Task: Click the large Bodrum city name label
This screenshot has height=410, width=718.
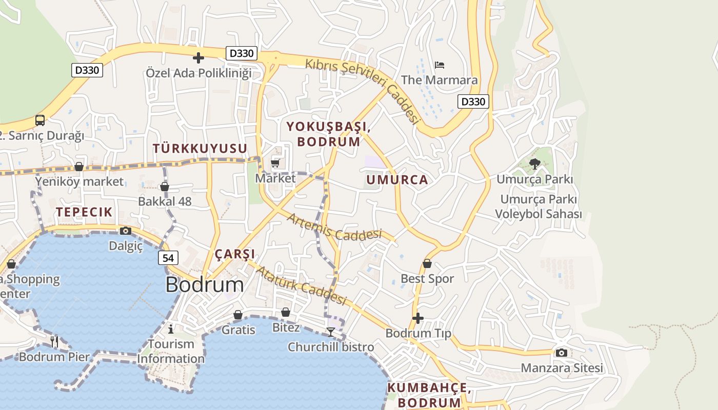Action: (x=205, y=285)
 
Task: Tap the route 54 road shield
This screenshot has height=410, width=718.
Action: (x=168, y=258)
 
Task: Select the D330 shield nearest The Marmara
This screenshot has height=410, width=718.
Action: (x=473, y=101)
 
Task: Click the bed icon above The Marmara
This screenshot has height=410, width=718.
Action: (x=440, y=65)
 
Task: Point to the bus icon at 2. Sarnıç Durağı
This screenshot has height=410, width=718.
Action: (x=40, y=120)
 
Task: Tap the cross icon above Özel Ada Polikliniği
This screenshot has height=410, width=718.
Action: (x=198, y=58)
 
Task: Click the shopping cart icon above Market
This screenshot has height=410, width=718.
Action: (x=275, y=163)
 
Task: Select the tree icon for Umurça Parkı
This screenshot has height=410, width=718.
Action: (x=535, y=164)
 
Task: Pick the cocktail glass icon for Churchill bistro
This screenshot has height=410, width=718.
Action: (x=331, y=332)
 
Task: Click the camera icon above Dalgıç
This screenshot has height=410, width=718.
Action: (x=126, y=231)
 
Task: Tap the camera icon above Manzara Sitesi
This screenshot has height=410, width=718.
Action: (x=562, y=353)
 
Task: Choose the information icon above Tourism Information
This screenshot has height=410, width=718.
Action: (x=171, y=329)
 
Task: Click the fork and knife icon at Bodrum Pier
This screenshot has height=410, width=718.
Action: (x=54, y=341)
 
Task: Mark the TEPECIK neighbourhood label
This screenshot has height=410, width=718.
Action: (x=84, y=212)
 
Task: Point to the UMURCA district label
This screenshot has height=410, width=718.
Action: (x=397, y=180)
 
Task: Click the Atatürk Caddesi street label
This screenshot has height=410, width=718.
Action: (x=301, y=285)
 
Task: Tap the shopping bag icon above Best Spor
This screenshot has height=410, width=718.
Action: (x=427, y=263)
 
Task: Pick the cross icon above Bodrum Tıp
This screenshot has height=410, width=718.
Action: (x=418, y=318)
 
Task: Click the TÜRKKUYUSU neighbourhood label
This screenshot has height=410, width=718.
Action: (x=200, y=149)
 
